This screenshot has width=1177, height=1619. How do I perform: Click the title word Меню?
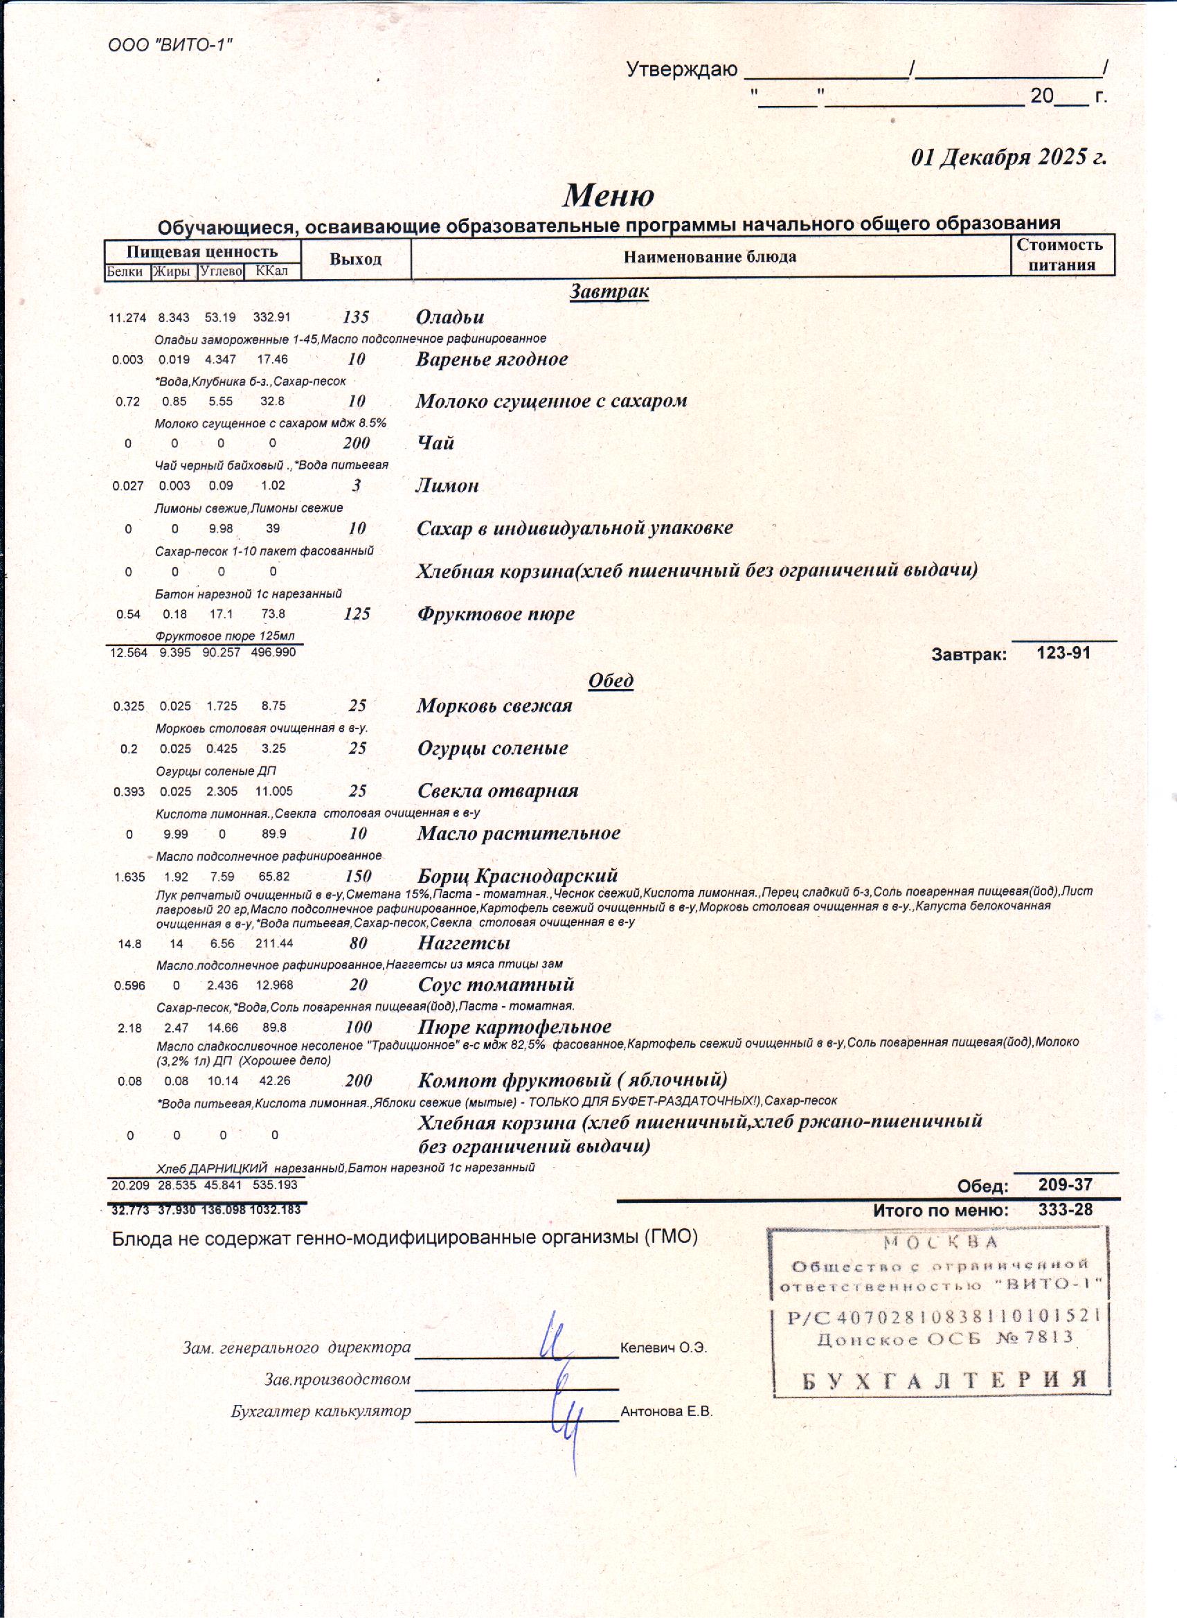click(x=608, y=195)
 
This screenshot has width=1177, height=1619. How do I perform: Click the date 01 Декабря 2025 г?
click(x=1009, y=157)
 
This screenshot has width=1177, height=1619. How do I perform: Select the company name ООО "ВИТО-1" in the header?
click(x=170, y=46)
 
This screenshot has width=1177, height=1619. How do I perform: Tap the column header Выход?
click(x=355, y=258)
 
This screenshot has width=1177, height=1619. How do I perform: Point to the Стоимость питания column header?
click(x=1061, y=255)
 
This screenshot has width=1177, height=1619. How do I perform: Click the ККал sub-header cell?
click(x=271, y=271)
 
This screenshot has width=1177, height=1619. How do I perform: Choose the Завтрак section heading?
click(x=609, y=292)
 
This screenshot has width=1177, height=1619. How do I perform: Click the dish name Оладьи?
click(x=449, y=317)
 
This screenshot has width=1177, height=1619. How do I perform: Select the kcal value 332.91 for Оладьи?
click(x=271, y=318)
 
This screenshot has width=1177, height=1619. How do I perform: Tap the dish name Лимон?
click(x=447, y=486)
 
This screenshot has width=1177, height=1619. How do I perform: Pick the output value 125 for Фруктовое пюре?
click(x=357, y=614)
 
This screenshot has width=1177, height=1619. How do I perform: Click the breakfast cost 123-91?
click(x=1063, y=652)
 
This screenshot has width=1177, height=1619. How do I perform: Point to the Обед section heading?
click(x=610, y=680)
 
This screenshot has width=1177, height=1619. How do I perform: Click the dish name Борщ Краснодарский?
click(x=517, y=876)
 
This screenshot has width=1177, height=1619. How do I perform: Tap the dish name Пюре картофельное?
click(x=514, y=1027)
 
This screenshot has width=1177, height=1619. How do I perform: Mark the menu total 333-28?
click(x=1065, y=1209)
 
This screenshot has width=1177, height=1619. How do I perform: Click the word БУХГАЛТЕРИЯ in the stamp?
click(x=944, y=1379)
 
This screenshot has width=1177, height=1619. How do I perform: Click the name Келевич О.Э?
click(x=663, y=1348)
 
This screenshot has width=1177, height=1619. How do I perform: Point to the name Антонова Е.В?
click(x=666, y=1411)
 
